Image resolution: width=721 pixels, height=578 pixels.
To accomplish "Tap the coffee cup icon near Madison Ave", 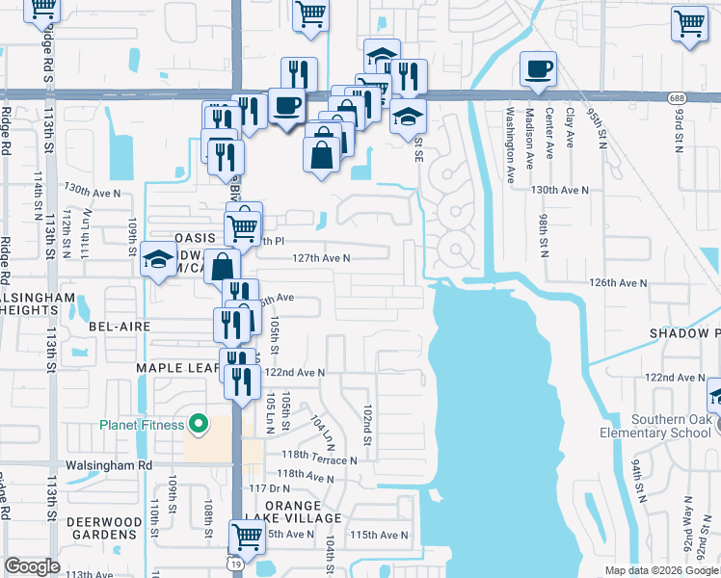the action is click(538, 69).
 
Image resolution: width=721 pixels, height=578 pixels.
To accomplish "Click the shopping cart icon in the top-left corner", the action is click(41, 8).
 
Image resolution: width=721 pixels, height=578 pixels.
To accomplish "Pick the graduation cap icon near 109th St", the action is click(157, 260).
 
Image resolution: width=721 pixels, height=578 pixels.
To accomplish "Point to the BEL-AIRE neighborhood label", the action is click(120, 327).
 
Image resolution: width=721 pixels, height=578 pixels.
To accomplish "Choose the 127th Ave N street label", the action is click(322, 258).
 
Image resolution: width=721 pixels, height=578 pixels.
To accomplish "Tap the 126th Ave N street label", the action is click(618, 283).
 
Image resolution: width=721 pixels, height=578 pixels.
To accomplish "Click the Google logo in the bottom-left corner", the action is click(32, 565).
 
